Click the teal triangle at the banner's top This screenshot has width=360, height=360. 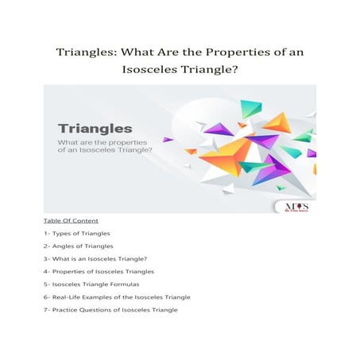[x=251, y=108]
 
